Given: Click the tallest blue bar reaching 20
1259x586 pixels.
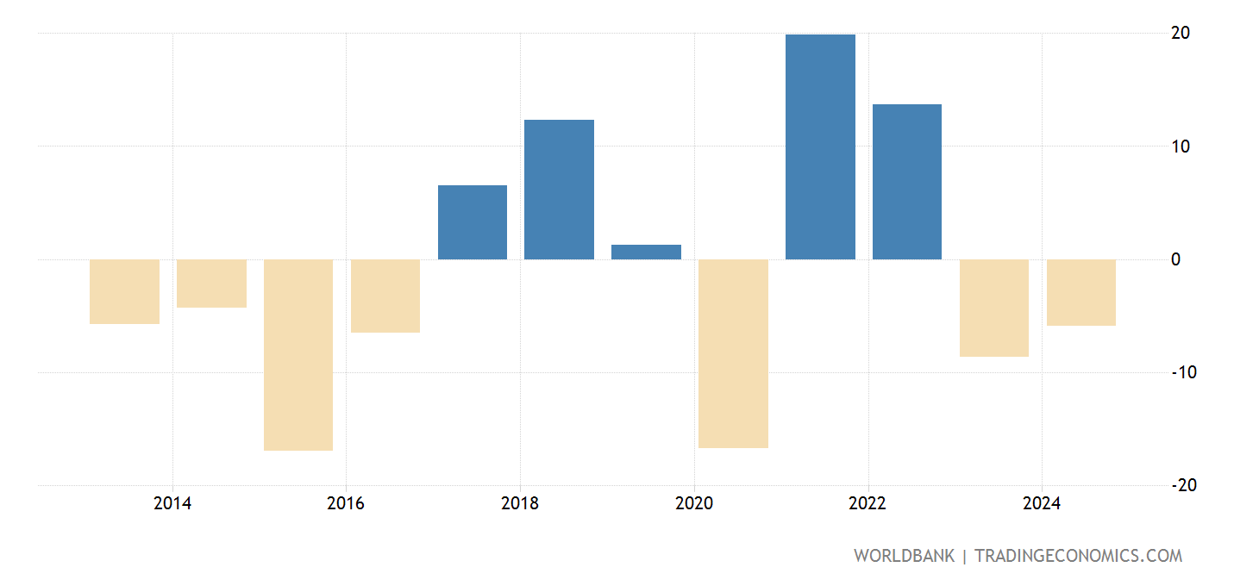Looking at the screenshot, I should point(820,146).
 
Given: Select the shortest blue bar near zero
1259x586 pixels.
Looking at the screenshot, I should point(646,252).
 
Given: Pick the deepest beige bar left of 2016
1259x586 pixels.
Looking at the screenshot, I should point(298,354).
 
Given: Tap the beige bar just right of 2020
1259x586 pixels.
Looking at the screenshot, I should point(733,353).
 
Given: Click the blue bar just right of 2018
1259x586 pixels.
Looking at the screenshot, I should point(559,190).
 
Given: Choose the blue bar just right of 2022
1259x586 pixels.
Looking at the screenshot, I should point(907,182).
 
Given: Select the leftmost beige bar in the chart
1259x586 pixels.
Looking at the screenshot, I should point(124,291).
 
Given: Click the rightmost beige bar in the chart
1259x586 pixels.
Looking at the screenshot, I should point(1081,292).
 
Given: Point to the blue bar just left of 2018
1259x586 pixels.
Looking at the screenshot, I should point(473,222).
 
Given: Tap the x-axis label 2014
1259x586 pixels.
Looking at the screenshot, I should point(172,504).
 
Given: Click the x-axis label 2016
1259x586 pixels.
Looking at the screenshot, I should point(346,504).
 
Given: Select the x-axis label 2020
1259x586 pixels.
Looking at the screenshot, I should point(694,504).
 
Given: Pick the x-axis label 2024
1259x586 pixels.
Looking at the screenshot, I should point(1042,504).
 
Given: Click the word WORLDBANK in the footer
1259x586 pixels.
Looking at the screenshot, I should point(904,556).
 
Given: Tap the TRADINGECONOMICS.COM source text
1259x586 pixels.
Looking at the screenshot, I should point(1078,556).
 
